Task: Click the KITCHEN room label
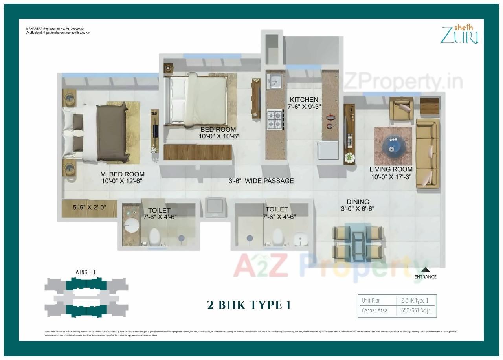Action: [304, 99]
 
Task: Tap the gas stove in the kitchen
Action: [275, 119]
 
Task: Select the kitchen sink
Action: [274, 81]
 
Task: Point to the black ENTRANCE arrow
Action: [425, 270]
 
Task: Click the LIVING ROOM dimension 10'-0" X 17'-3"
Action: [391, 177]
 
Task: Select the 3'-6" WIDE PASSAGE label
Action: [261, 181]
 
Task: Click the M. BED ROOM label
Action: [122, 174]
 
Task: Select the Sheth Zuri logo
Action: [459, 34]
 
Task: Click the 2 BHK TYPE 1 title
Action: [249, 305]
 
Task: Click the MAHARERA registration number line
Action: [55, 29]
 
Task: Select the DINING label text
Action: [358, 202]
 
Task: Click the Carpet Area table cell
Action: [374, 310]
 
